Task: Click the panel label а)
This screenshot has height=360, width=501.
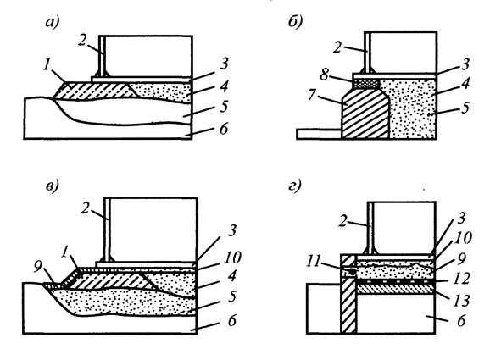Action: tap(53, 23)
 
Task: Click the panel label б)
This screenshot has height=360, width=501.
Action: tap(295, 22)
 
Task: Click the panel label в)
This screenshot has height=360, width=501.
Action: tap(52, 186)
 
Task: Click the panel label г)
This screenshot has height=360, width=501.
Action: tap(294, 186)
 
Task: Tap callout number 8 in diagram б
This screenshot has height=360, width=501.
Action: tap(324, 75)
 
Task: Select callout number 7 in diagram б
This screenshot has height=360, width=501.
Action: tap(313, 95)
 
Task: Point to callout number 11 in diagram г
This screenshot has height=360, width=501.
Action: tap(315, 262)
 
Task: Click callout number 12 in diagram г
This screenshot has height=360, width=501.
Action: tap(461, 279)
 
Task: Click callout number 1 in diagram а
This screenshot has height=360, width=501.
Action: tap(47, 66)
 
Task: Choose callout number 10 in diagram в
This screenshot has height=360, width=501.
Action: tap(232, 258)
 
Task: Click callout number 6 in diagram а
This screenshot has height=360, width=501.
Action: tap(223, 129)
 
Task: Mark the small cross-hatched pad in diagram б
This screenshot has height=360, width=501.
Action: tap(366, 83)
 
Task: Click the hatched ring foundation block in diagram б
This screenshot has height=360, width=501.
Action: tap(365, 114)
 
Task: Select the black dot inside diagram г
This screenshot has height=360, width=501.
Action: tap(352, 272)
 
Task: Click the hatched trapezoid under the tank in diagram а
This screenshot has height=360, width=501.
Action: tap(95, 91)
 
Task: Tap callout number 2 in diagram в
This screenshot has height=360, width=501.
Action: tap(85, 209)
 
